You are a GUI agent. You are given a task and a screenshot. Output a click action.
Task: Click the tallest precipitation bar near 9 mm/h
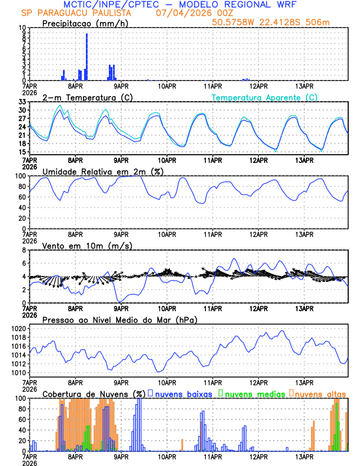pos(86,56)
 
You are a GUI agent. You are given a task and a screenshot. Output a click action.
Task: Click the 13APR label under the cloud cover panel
pos(304,456)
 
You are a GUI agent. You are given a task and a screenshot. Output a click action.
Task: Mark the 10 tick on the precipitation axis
pos(21,28)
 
